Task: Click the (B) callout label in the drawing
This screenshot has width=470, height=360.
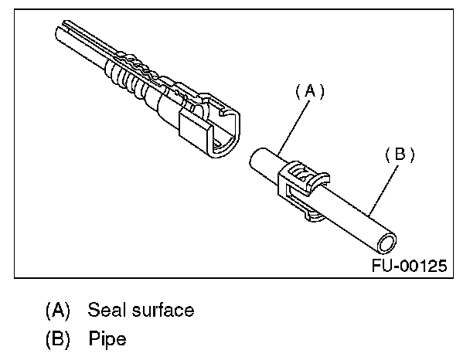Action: (400, 155)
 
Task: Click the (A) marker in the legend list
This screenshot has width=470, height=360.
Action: (58, 311)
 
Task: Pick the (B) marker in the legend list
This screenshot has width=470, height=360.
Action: (58, 338)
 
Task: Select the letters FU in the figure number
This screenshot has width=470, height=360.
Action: (381, 267)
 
